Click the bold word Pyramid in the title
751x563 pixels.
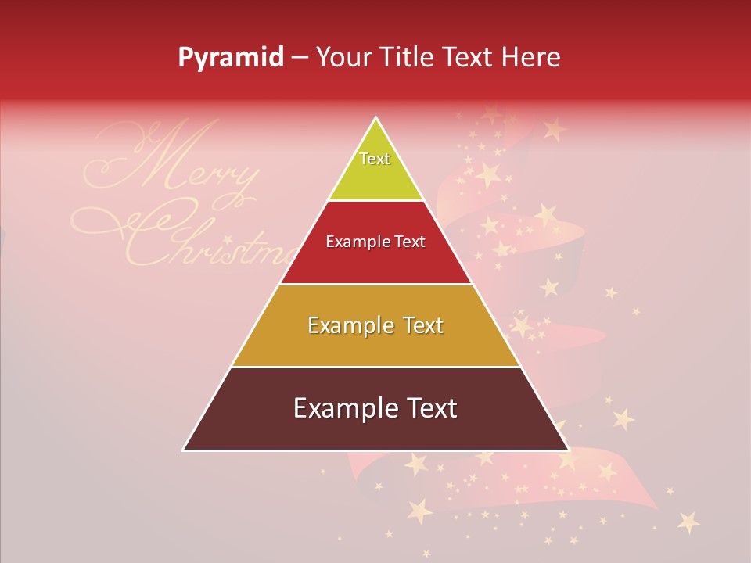point(231,58)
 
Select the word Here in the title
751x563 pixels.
point(531,58)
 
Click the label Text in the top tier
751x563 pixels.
point(375,159)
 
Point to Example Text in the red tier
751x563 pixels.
point(375,242)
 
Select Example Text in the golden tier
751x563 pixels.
point(375,325)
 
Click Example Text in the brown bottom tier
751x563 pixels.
point(375,408)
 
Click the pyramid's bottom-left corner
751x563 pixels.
point(184,450)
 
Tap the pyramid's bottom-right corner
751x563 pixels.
point(568,450)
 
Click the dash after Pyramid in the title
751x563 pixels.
point(300,58)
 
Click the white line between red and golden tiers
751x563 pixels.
point(375,284)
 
